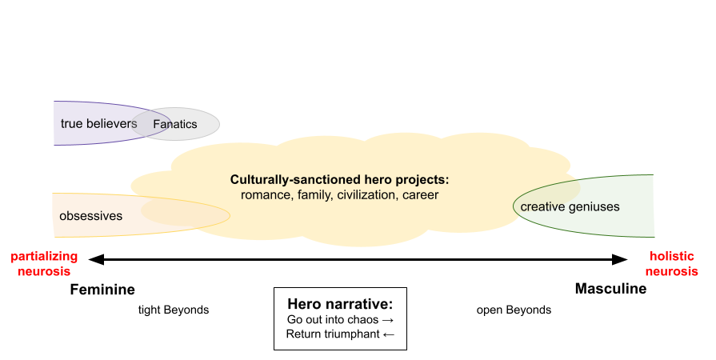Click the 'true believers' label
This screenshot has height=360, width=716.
98,123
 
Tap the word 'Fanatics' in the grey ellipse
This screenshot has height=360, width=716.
175,124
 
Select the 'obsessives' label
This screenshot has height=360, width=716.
91,216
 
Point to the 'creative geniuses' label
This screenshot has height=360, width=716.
570,207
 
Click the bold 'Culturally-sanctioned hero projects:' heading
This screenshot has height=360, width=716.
340,179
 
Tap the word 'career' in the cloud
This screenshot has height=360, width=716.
421,195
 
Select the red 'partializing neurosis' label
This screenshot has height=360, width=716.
44,264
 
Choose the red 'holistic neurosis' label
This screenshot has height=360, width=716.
672,264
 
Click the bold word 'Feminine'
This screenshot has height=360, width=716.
102,289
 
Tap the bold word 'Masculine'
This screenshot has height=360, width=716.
610,288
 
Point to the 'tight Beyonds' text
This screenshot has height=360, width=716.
174,310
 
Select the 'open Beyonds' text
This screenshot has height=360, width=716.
514,310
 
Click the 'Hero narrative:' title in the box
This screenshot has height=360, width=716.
340,304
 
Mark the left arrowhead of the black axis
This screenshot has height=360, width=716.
96,259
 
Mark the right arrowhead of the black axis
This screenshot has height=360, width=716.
620,259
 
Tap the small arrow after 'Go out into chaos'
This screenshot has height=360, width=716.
388,320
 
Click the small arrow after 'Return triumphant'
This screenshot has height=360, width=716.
389,335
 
